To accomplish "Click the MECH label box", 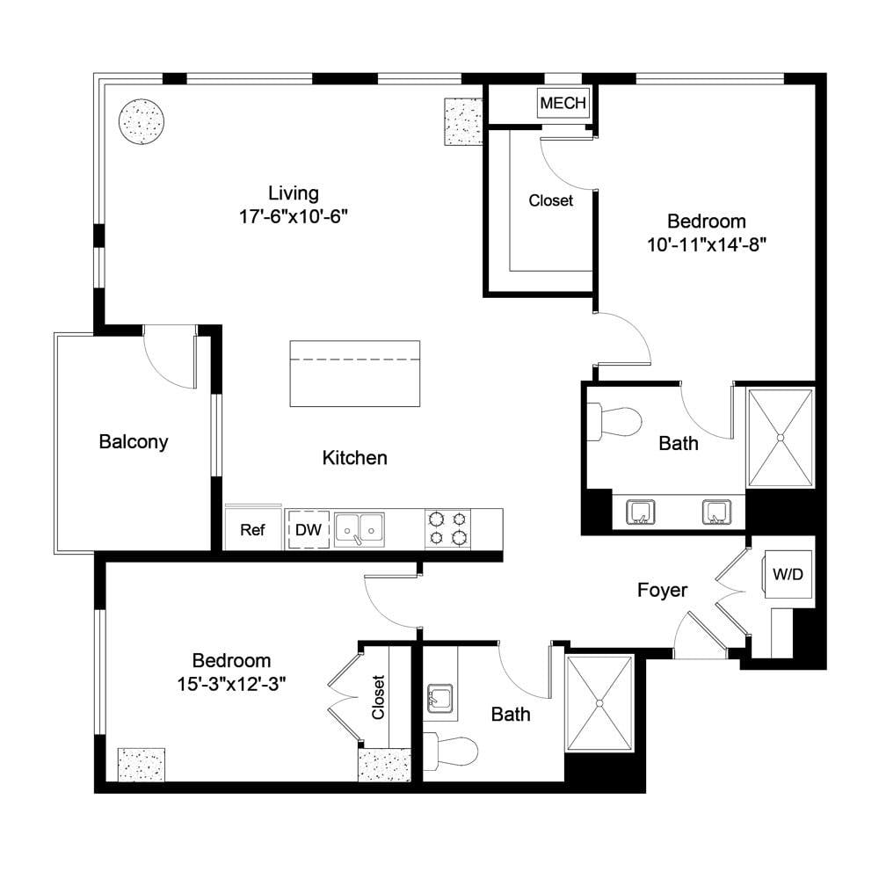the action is pyautogui.click(x=563, y=103).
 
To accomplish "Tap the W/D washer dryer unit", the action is pyautogui.click(x=788, y=574).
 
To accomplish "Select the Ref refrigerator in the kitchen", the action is pyautogui.click(x=253, y=528).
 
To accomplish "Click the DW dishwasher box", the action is pyautogui.click(x=309, y=529).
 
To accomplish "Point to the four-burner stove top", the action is pyautogui.click(x=447, y=528).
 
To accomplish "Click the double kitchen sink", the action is pyautogui.click(x=360, y=529).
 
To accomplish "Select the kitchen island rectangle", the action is pyautogui.click(x=355, y=374).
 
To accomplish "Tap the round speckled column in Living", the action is pyautogui.click(x=142, y=121).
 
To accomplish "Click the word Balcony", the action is pyautogui.click(x=134, y=442).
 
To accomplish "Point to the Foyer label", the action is pyautogui.click(x=662, y=590).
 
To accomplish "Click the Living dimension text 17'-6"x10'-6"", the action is pyautogui.click(x=294, y=216).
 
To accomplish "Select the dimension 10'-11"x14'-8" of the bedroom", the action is pyautogui.click(x=707, y=244).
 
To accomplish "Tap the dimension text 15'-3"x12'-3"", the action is pyautogui.click(x=231, y=684).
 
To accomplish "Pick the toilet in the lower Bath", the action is pyautogui.click(x=450, y=751).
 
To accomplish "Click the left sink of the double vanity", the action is pyautogui.click(x=640, y=512).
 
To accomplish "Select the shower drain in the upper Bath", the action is pyautogui.click(x=780, y=437).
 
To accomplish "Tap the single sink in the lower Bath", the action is pyautogui.click(x=440, y=699).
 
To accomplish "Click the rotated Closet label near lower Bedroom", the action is pyautogui.click(x=378, y=697).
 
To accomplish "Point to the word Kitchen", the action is pyautogui.click(x=354, y=457).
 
